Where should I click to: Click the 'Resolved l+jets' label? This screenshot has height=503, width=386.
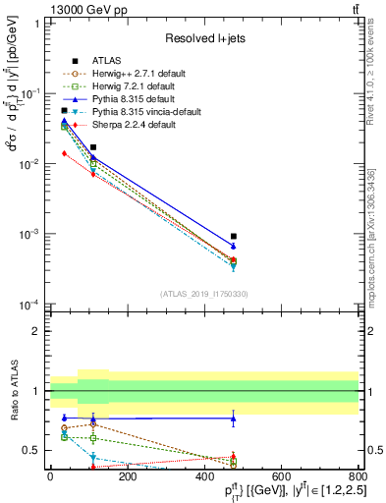203,37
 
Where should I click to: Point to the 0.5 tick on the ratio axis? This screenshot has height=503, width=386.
36,450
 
